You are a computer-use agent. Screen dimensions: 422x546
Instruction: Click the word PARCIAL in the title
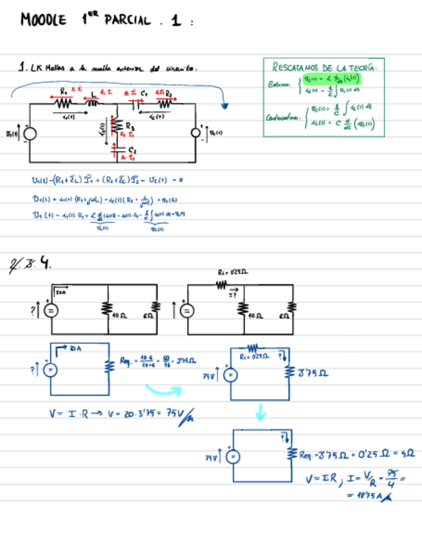(126, 21)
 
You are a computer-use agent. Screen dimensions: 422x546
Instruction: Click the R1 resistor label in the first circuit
(64, 91)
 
